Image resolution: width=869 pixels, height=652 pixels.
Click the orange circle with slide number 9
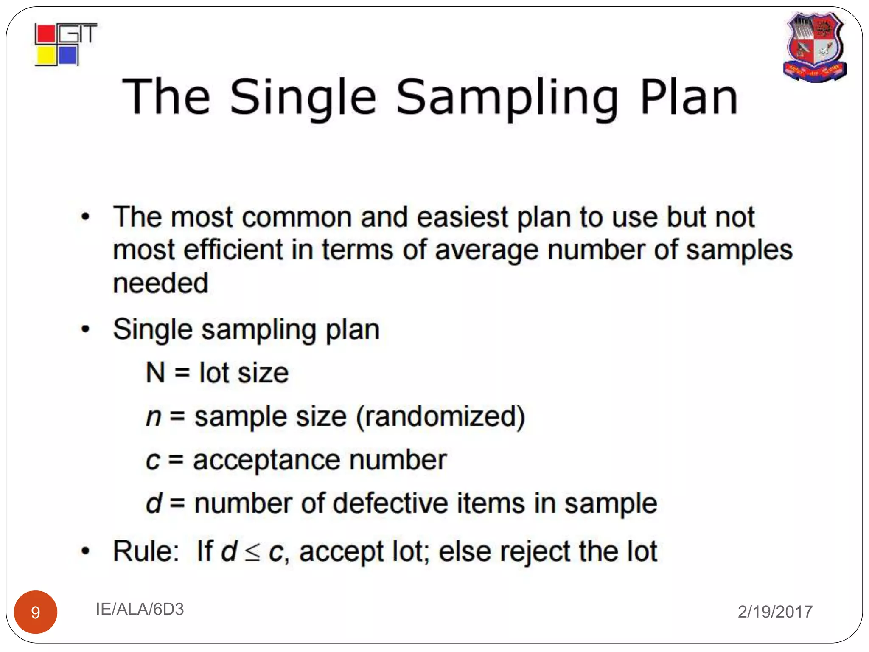(36, 612)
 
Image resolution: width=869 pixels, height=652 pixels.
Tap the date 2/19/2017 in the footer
(775, 612)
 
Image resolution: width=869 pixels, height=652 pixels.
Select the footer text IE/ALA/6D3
(140, 609)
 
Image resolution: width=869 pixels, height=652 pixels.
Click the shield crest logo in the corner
(815, 47)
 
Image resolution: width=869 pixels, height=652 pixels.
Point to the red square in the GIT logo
(45, 34)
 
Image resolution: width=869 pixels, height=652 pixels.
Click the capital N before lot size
(155, 373)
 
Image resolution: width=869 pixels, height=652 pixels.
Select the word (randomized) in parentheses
(440, 417)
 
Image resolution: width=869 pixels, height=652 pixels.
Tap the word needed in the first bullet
(161, 283)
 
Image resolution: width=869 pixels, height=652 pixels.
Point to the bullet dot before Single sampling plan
(86, 329)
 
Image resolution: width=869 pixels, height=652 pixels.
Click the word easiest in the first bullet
(463, 217)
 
